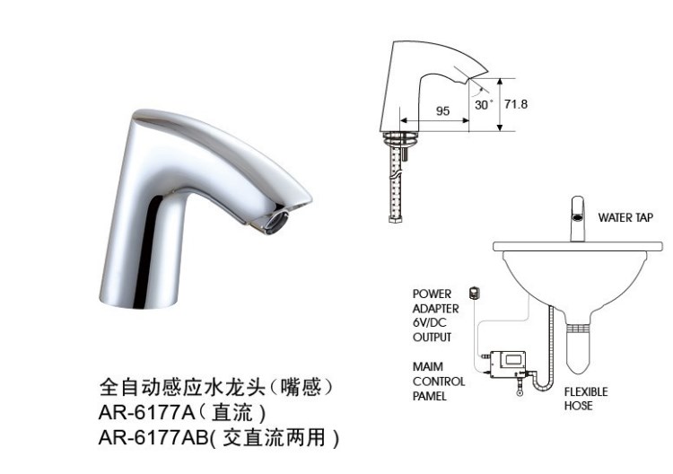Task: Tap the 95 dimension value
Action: (x=443, y=110)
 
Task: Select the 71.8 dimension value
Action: (x=516, y=104)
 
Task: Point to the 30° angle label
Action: (x=484, y=105)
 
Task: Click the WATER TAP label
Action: (x=625, y=217)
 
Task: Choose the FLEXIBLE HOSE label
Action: (x=586, y=399)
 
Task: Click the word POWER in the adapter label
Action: (x=432, y=294)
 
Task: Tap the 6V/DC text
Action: (x=430, y=322)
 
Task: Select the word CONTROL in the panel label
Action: (x=439, y=382)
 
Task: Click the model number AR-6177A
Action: (x=147, y=413)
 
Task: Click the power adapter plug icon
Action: (x=474, y=294)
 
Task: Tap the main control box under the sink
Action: (x=508, y=364)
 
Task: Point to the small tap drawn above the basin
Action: (x=578, y=218)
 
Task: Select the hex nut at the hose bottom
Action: (x=394, y=219)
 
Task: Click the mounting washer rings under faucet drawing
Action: (x=400, y=138)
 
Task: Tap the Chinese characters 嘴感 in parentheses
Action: (x=301, y=387)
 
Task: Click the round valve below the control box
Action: (x=520, y=391)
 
